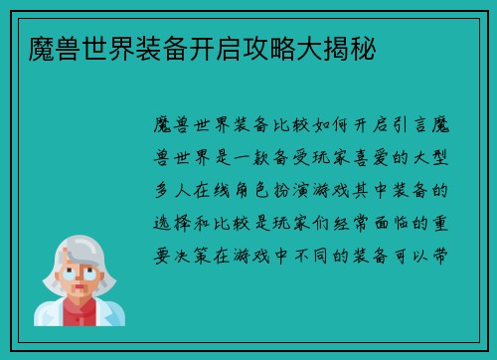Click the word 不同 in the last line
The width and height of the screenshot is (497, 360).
[335, 252]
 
